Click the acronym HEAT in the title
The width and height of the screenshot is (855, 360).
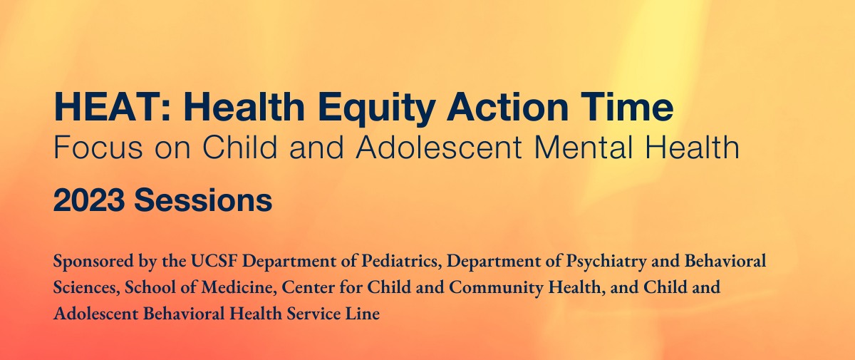coord(108,107)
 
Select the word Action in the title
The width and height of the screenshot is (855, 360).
coord(507,107)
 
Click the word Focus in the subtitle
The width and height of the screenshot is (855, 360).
coord(98,148)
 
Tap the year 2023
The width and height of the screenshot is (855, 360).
coord(89,200)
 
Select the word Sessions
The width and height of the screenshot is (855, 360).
coord(203,200)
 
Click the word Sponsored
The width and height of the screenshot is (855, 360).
coord(93,262)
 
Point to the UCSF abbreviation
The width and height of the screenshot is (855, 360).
coord(214,261)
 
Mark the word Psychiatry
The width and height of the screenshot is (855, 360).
coord(606,262)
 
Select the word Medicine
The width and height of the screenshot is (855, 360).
coord(239,287)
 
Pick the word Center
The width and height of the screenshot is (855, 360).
coord(308,287)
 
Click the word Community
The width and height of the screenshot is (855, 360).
coord(496,288)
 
